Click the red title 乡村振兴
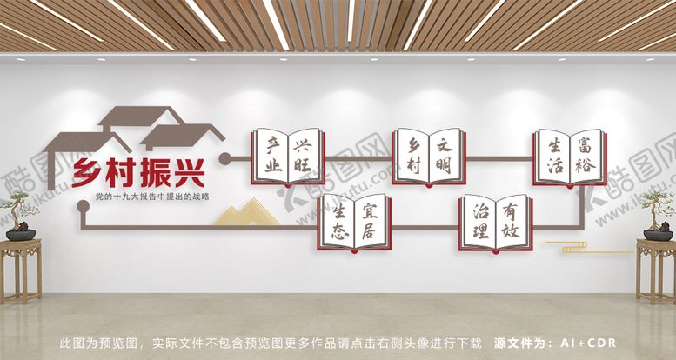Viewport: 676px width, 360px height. [x=139, y=173]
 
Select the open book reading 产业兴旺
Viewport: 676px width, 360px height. [x=287, y=157]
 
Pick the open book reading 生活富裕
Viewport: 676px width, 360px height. [x=570, y=157]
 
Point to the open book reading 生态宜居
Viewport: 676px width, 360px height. [x=354, y=222]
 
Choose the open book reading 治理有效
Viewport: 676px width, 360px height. [x=496, y=222]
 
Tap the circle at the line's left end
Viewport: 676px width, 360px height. [x=224, y=158]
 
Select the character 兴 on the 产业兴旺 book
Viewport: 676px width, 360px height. [x=302, y=143]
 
